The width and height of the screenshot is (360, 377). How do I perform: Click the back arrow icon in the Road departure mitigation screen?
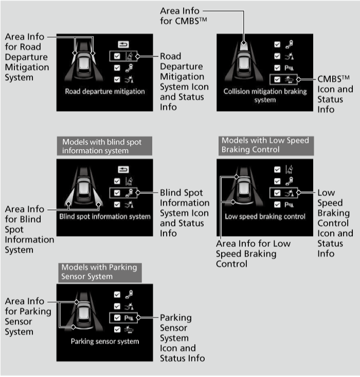coord(123,44)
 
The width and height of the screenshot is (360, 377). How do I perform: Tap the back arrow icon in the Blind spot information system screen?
coord(123,170)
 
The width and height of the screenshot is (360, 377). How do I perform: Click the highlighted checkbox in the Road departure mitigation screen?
coord(117,56)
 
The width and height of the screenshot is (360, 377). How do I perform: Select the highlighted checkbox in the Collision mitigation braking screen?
coord(277,79)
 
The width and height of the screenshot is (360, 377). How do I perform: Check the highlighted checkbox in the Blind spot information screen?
coord(117,193)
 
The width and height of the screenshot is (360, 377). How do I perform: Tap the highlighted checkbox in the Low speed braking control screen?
coord(277,193)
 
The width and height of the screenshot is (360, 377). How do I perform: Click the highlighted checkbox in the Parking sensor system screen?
coord(117,318)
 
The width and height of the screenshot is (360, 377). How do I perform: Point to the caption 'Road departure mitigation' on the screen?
coord(105,92)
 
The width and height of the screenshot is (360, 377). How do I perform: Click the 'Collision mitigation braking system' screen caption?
coord(265,96)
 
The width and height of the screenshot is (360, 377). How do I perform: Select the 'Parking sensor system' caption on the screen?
coord(105,342)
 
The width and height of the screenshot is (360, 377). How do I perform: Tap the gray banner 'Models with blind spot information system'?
coord(104,146)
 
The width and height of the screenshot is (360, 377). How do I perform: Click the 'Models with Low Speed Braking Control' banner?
coord(266,146)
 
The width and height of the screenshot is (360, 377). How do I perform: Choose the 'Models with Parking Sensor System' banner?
coord(100,273)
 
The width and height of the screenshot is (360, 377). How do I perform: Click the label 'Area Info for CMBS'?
coord(184,16)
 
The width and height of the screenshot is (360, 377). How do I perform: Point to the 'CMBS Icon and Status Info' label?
coord(335,94)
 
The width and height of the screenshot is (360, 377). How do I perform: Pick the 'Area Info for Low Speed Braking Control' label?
coord(253,254)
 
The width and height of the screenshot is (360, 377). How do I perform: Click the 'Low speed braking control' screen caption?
coord(265,217)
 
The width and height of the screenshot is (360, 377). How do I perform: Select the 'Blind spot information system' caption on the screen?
coord(105,217)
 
